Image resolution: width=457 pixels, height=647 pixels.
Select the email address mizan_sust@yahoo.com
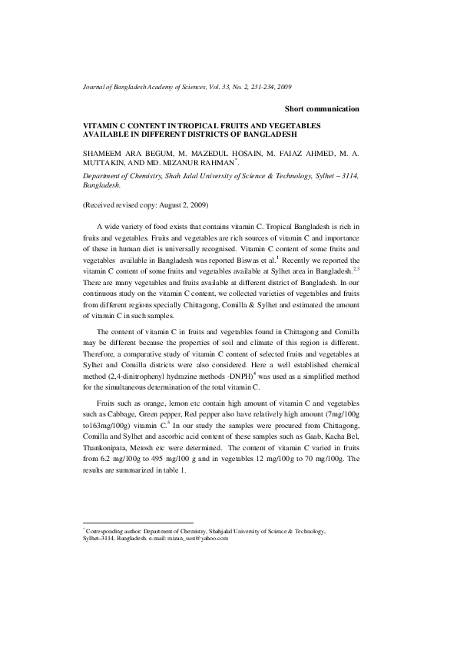point(197,538)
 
